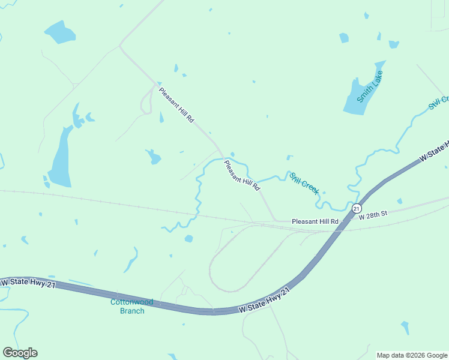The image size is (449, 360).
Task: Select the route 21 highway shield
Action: tap(357, 209)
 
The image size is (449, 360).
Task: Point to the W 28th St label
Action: tap(373, 214)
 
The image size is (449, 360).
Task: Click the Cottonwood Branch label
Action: tap(132, 307)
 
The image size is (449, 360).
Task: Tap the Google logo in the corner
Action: tap(20, 353)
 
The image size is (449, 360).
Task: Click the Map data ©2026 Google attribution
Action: tap(412, 355)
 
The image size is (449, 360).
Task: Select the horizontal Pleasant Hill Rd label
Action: tap(315, 221)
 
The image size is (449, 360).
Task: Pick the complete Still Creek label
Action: tap(304, 183)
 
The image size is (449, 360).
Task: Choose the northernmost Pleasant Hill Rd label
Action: tap(176, 105)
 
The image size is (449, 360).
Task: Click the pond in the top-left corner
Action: tap(59, 32)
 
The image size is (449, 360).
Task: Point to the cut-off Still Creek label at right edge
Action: tap(438, 103)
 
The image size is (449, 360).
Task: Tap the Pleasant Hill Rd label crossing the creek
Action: tap(242, 175)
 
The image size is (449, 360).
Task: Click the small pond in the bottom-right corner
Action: tap(405, 328)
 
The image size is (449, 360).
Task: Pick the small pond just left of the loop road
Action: tap(188, 239)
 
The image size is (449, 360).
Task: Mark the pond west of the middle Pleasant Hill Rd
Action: tap(154, 157)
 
